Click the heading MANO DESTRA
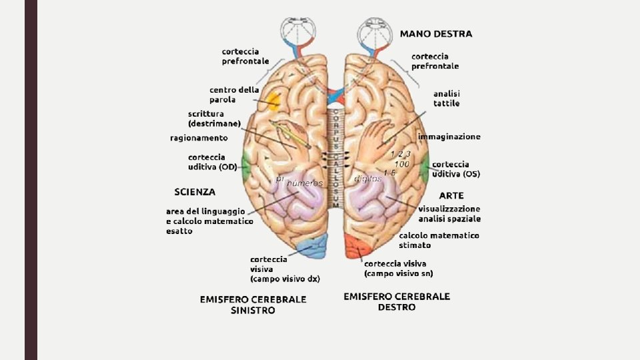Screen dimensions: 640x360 point(435,33)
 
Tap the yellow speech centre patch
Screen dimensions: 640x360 point(273,101)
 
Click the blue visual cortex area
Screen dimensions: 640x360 point(313,247)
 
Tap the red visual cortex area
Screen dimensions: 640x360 point(356,248)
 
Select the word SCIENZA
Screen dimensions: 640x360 point(195,192)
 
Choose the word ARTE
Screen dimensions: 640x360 point(451,196)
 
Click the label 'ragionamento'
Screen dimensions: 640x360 point(199,138)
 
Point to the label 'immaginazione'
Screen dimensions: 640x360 point(449,137)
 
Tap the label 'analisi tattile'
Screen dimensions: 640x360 point(446,99)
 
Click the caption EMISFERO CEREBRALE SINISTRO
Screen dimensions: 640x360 point(253,305)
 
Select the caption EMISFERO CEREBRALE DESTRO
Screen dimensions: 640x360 point(397,301)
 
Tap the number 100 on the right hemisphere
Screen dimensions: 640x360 point(401,163)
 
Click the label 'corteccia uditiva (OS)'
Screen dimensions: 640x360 point(456,169)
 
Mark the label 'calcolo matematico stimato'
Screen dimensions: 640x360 point(439,240)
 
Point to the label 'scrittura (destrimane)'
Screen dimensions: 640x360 point(214,119)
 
